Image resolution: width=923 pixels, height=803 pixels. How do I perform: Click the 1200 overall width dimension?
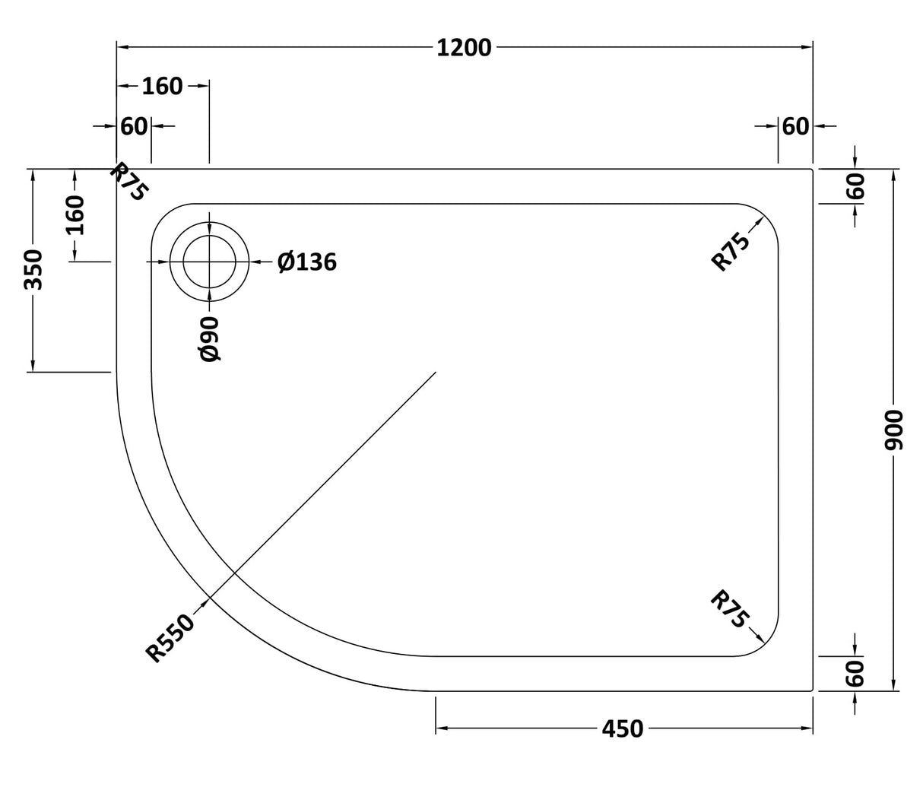coord(465,48)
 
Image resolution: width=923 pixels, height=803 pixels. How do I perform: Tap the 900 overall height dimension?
coord(894,430)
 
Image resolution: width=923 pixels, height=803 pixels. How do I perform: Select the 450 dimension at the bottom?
coord(623,729)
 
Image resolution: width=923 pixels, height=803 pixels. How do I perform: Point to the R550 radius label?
coord(170,638)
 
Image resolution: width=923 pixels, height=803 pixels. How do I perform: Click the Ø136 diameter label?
coord(306,262)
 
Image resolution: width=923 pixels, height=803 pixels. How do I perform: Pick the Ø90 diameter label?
coord(209,339)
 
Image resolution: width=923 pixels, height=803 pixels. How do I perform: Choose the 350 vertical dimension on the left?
coord(33,269)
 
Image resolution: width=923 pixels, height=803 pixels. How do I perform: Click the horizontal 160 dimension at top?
coord(162,87)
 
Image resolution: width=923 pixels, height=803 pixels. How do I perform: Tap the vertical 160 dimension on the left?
coord(75,215)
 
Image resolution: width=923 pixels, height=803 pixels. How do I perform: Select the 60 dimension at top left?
coord(134,126)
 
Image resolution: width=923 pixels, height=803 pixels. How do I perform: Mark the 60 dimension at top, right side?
coord(795,126)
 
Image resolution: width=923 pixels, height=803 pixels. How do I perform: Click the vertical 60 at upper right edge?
coord(855,186)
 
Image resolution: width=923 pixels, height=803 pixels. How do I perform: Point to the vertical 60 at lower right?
coord(855,673)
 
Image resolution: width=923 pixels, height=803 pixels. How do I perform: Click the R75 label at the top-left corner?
coord(128,182)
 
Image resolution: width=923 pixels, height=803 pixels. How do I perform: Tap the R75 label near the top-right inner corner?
coord(731,251)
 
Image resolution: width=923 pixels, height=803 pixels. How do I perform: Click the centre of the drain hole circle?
coord(209,262)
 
